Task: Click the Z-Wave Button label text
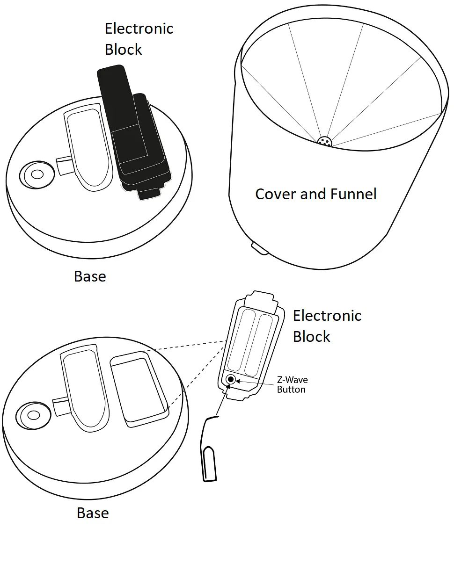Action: pos(292,384)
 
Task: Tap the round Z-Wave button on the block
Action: pos(230,379)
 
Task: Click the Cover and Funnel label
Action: pos(315,194)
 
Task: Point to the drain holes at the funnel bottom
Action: pos(324,141)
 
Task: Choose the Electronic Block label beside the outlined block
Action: pos(327,326)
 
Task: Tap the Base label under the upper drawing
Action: pos(90,276)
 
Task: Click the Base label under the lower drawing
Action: pos(93,513)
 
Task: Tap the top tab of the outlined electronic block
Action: pos(261,299)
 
